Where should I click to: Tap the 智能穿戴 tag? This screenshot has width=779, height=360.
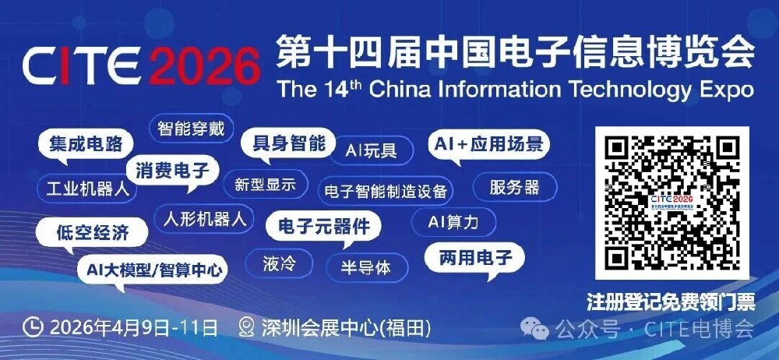(x=191, y=129)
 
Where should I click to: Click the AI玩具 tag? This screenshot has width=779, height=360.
(x=371, y=150)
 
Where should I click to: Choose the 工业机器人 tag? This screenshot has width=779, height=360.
(x=86, y=188)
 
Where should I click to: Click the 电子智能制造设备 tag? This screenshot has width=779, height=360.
(x=386, y=190)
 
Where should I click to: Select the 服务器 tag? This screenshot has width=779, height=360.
(x=515, y=188)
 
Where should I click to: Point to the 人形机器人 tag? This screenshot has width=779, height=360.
(x=205, y=218)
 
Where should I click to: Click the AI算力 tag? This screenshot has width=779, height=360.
(x=453, y=222)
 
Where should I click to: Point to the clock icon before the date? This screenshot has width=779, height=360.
(x=33, y=326)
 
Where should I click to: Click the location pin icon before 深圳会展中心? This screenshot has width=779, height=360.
(x=247, y=326)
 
